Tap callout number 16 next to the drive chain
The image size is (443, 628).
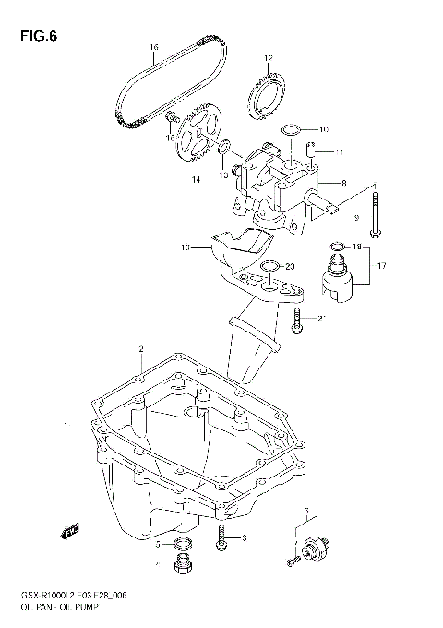click(x=153, y=47)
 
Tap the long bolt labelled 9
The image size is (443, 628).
click(x=377, y=212)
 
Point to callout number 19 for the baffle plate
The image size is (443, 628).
click(x=185, y=248)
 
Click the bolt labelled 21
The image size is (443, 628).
click(x=295, y=320)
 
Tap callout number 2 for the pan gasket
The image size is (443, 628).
click(x=140, y=349)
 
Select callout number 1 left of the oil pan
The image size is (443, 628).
click(x=65, y=426)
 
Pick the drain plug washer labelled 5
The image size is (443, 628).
click(x=184, y=543)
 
